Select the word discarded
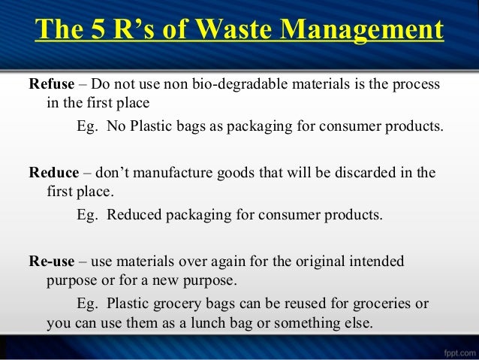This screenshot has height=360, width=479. coord(355,172)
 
